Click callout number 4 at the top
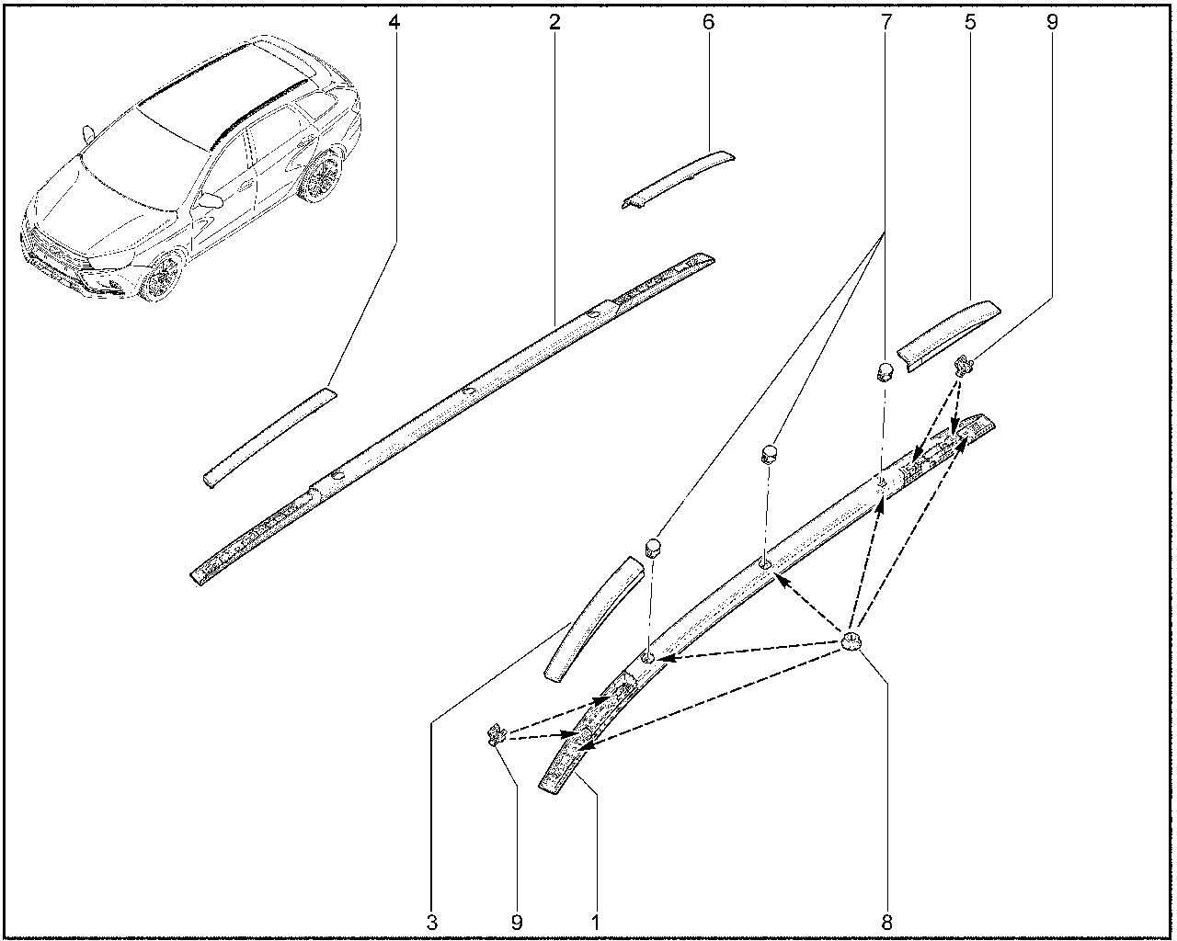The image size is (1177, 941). pyautogui.click(x=394, y=22)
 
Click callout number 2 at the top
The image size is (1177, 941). pyautogui.click(x=554, y=22)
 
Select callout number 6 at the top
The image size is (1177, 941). pyautogui.click(x=708, y=22)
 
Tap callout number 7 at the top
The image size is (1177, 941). pyautogui.click(x=886, y=22)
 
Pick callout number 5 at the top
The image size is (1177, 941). pyautogui.click(x=970, y=22)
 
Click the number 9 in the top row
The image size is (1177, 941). pyautogui.click(x=1052, y=22)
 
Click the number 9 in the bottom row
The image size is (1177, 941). pyautogui.click(x=517, y=923)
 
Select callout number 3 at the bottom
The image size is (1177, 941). pyautogui.click(x=432, y=923)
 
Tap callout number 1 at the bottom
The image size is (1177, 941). pyautogui.click(x=596, y=923)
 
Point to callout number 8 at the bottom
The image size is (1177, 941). pyautogui.click(x=886, y=923)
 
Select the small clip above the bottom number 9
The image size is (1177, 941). pyautogui.click(x=497, y=734)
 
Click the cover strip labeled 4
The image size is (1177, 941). pyautogui.click(x=269, y=437)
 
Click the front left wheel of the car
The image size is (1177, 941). pyautogui.click(x=164, y=277)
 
